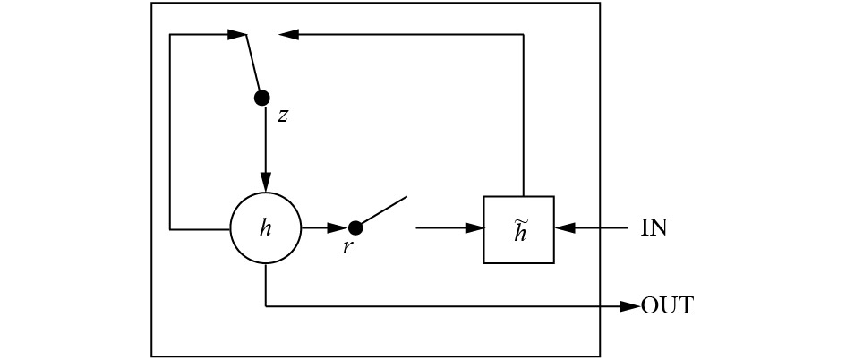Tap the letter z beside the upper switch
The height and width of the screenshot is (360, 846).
[x=282, y=116]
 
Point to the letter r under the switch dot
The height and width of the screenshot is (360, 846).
[x=347, y=247]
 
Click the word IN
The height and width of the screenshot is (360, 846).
[x=654, y=228]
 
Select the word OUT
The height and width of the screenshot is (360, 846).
[x=667, y=306]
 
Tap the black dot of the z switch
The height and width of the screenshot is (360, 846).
[x=262, y=99]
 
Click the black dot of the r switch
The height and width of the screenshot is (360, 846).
[x=355, y=228]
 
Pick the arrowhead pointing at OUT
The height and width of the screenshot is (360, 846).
[x=630, y=306]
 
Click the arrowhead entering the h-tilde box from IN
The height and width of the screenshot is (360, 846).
[x=564, y=228]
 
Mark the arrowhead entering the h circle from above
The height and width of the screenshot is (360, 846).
[x=266, y=183]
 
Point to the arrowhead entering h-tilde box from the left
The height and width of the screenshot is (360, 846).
[x=474, y=228]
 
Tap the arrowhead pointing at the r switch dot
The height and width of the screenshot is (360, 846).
[x=338, y=228]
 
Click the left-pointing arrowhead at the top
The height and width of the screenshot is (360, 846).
[x=288, y=35]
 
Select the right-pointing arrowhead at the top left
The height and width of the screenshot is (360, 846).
[x=237, y=35]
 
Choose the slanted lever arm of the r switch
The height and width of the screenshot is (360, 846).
[x=384, y=210]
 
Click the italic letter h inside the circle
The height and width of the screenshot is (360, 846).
[x=265, y=228]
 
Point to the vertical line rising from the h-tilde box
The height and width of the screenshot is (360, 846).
[x=524, y=115]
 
